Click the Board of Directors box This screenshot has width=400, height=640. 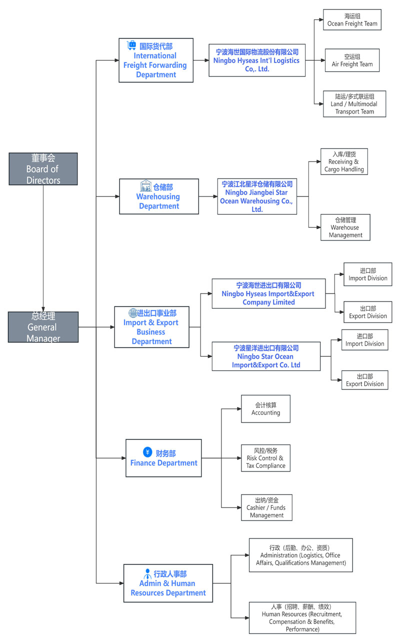[43, 169]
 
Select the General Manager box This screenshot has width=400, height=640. [43, 327]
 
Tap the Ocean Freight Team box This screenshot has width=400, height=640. [352, 19]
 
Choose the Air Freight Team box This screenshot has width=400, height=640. [352, 60]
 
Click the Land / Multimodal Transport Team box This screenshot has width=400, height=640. [354, 104]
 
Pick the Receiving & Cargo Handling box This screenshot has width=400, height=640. [344, 161]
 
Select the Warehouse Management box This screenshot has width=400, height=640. [345, 227]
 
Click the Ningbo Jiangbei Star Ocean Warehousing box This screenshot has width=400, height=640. [257, 196]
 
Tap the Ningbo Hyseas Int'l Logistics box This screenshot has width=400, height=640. [257, 60]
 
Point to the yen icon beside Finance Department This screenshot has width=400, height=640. [147, 452]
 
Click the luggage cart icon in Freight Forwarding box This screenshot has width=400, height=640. [131, 45]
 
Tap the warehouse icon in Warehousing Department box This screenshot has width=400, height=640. [145, 185]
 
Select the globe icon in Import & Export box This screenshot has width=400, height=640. [133, 313]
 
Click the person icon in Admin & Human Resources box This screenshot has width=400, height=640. [147, 573]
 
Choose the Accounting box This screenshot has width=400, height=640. [265, 409]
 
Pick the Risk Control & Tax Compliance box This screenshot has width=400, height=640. [265, 458]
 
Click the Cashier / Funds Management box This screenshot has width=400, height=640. [266, 507]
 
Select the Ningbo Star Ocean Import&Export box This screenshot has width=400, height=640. [265, 356]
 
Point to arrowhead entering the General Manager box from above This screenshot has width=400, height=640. [43, 309]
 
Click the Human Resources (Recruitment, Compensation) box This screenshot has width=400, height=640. [302, 617]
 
